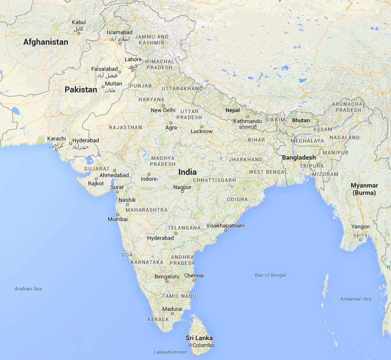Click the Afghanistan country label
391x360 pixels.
[x=46, y=42]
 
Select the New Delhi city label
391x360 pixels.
[x=163, y=110]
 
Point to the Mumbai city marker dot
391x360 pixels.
[x=117, y=214]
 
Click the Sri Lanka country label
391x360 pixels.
[x=199, y=338]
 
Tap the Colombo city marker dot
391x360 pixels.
[x=190, y=345]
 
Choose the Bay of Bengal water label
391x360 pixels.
[x=270, y=275]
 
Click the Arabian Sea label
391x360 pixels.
[x=28, y=289]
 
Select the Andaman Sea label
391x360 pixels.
[x=356, y=299]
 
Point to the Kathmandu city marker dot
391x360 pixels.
[x=247, y=116]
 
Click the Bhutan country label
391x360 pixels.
[x=301, y=120]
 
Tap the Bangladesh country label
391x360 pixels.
[x=299, y=157]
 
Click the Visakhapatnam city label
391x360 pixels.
[x=225, y=225]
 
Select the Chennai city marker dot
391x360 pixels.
[x=194, y=281]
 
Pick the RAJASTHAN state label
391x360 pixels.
[x=125, y=128]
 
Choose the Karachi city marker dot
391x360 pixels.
[x=56, y=149]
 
